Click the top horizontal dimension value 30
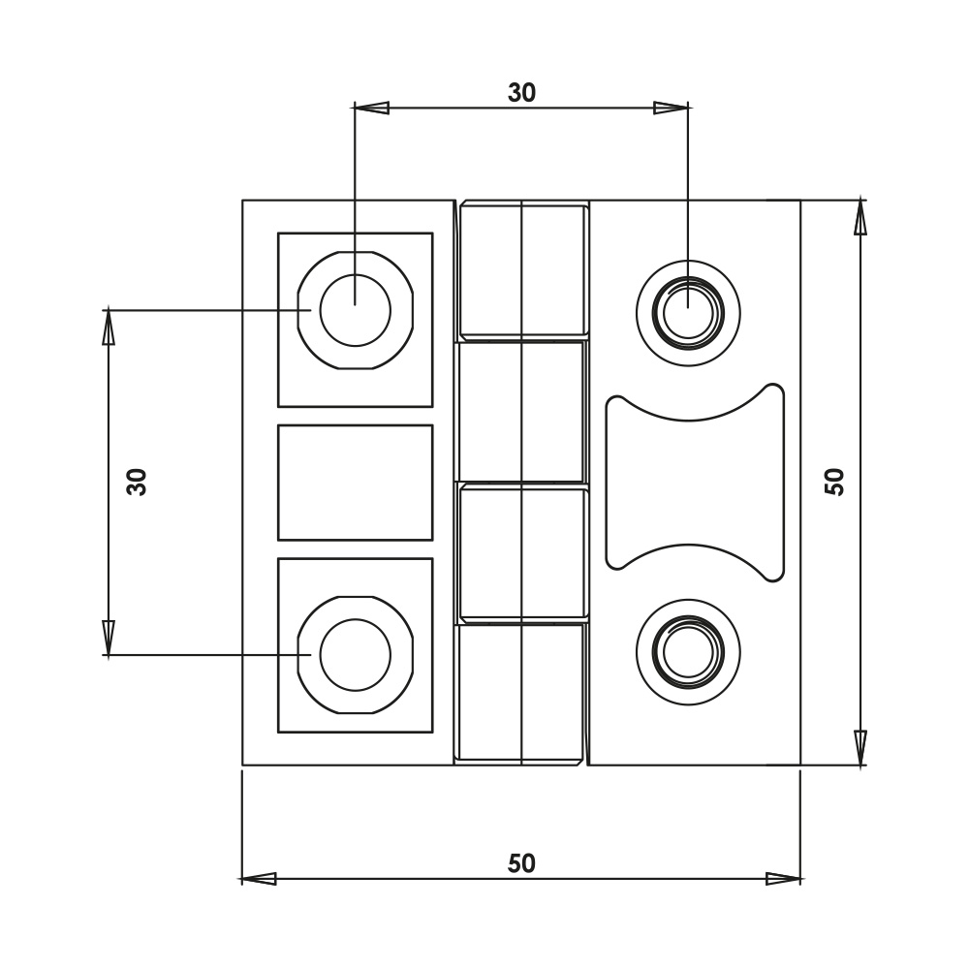(x=521, y=93)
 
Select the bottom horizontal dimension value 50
(x=521, y=862)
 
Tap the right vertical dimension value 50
(x=835, y=482)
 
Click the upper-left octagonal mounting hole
(x=356, y=310)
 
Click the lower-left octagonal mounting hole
(x=356, y=656)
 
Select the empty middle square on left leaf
(x=356, y=483)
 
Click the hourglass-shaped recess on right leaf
(x=694, y=483)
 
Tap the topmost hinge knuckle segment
(x=522, y=270)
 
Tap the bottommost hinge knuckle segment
(x=522, y=693)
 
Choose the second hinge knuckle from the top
(x=522, y=412)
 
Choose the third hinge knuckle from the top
(x=522, y=552)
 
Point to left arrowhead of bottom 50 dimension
(x=258, y=879)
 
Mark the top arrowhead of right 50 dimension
(x=860, y=217)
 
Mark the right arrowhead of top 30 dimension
(x=672, y=108)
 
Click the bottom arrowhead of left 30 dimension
(x=109, y=639)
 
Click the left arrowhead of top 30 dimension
(x=372, y=108)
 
